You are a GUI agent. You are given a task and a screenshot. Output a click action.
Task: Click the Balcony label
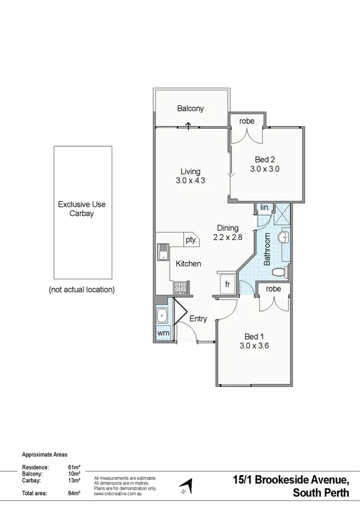tap(191, 109)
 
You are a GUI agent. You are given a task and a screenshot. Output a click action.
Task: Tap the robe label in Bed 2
tap(247, 121)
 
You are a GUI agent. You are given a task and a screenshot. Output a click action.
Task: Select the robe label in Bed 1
tap(273, 289)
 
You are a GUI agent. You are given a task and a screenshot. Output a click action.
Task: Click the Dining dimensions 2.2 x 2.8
tap(228, 238)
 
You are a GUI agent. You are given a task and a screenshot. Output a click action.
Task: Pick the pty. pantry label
tap(191, 240)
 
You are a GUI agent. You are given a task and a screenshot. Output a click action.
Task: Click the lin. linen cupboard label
tap(264, 207)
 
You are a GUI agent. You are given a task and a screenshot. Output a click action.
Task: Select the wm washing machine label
tap(163, 333)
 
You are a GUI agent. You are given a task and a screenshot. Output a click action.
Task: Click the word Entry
tap(198, 319)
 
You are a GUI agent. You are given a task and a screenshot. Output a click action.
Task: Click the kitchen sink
tap(162, 252)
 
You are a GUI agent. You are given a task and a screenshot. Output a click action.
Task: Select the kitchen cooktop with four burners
tap(179, 287)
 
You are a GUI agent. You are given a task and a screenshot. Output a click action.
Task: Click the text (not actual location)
tap(82, 289)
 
